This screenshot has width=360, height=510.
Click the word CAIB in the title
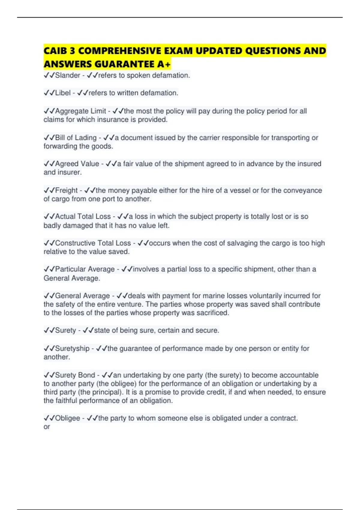pos(55,51)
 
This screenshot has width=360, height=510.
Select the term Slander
pos(67,75)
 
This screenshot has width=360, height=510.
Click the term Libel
pos(63,93)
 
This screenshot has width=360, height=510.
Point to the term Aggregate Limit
pos(80,111)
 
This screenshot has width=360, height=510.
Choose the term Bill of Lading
pos(76,138)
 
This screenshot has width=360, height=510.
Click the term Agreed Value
pos(77,164)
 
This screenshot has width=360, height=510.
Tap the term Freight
pos(66,190)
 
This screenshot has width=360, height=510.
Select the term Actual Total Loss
pos(83,217)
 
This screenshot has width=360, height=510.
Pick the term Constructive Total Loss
pos(93,243)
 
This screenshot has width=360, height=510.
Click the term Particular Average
pos(85,269)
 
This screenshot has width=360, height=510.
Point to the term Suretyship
pos(72,349)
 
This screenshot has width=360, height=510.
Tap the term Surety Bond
pos(75,375)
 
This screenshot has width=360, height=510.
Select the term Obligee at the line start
pos(67,418)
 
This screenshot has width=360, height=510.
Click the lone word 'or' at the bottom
pos(47,427)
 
